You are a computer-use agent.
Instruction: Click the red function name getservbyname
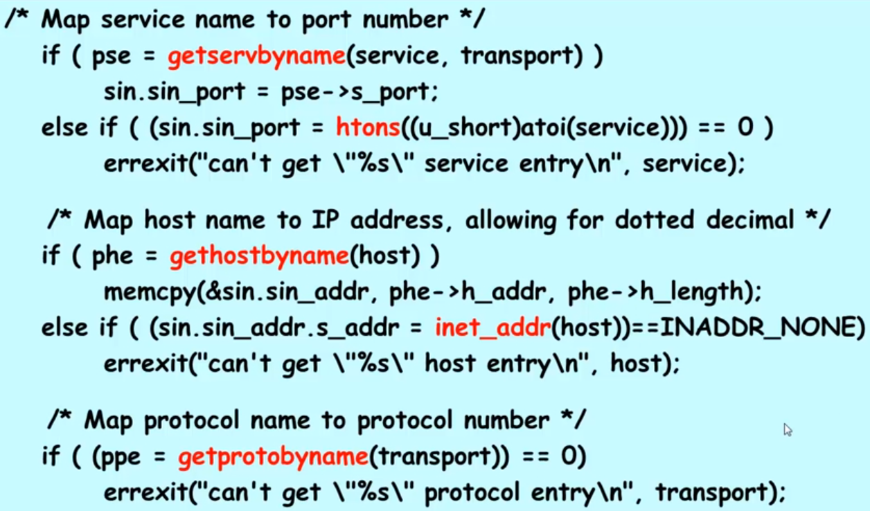click(256, 56)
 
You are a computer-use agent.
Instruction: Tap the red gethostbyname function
click(259, 256)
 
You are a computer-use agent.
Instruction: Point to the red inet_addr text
click(492, 327)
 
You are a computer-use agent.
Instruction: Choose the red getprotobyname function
click(273, 457)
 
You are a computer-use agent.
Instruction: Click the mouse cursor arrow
click(787, 429)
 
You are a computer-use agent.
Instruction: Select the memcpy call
click(148, 292)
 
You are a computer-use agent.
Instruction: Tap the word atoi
click(503, 127)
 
